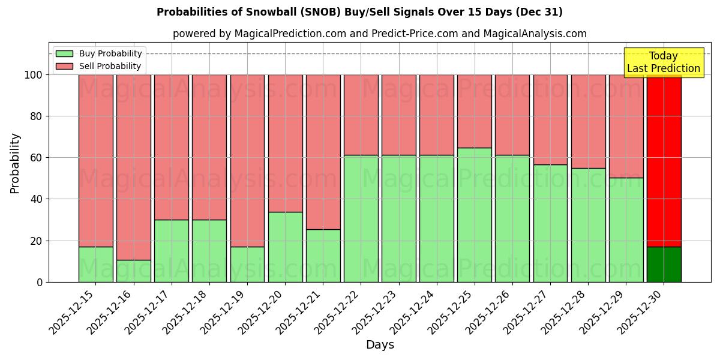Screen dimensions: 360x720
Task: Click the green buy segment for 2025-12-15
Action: (95, 264)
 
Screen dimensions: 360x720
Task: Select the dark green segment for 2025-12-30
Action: (664, 264)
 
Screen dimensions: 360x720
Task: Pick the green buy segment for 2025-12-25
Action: (474, 215)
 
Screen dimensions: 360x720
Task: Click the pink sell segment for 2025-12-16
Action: (133, 167)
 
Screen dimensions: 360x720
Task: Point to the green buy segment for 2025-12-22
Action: (361, 218)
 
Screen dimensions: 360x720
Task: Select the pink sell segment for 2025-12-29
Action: (626, 126)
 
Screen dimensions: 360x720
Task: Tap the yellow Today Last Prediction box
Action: (663, 62)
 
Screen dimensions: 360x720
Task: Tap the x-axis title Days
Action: (380, 345)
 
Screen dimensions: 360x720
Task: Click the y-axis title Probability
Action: (15, 163)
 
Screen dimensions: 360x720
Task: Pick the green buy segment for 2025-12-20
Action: (285, 247)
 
